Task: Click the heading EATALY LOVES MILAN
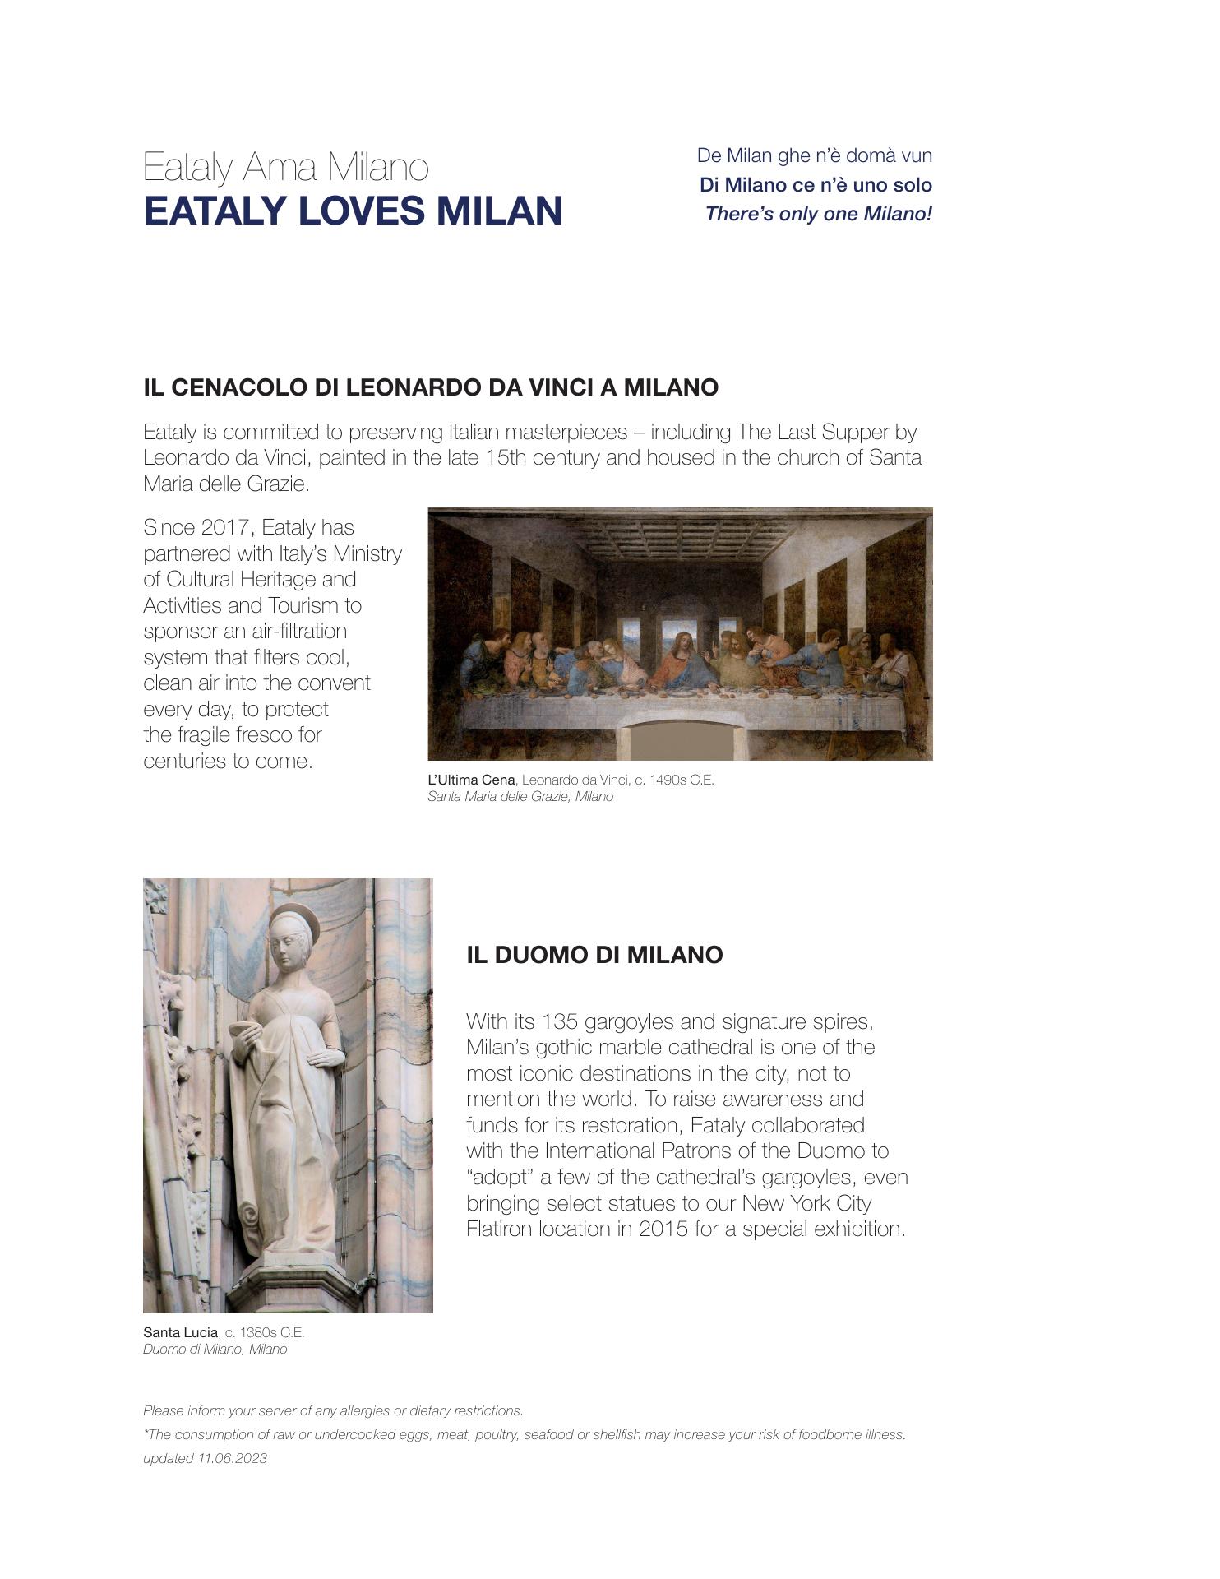click(x=353, y=211)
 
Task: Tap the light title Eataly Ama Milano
click(x=285, y=167)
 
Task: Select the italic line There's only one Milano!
click(x=818, y=214)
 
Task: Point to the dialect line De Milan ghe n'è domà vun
click(x=814, y=155)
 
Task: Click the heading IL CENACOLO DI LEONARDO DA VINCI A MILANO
click(x=430, y=387)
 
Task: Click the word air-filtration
click(x=294, y=631)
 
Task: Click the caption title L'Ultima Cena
click(x=471, y=780)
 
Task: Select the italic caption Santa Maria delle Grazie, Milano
click(x=520, y=797)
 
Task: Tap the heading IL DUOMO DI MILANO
click(x=594, y=955)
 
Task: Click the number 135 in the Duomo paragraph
click(x=561, y=1021)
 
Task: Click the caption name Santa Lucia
click(x=180, y=1331)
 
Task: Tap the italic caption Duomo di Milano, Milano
click(x=215, y=1349)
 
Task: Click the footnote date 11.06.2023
click(x=232, y=1458)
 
